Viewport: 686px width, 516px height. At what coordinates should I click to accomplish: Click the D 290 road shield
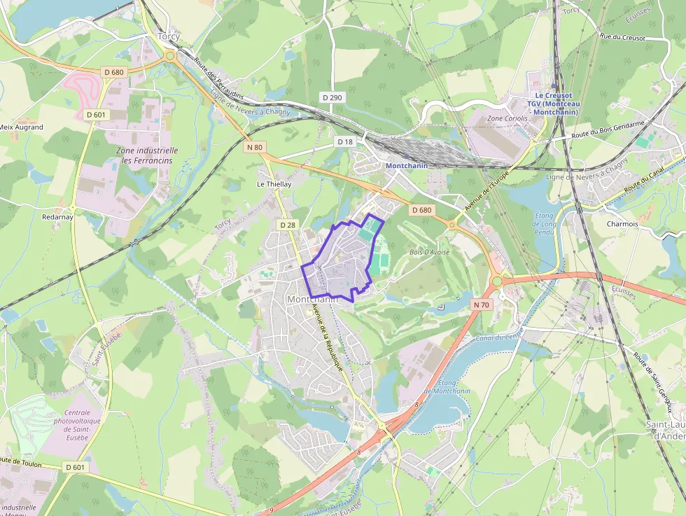click(332, 97)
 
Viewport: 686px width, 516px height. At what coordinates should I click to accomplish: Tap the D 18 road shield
click(345, 142)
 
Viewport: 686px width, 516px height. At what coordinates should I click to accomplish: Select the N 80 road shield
click(255, 148)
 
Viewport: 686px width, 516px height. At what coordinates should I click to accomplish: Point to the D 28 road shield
click(287, 225)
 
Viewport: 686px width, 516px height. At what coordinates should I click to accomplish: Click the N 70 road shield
click(481, 305)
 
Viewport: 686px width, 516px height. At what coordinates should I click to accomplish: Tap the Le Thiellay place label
click(274, 184)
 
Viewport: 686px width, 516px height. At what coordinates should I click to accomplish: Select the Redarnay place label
click(57, 217)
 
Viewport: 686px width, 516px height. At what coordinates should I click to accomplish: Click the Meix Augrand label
click(21, 127)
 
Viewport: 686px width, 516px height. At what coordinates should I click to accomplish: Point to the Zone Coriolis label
click(506, 119)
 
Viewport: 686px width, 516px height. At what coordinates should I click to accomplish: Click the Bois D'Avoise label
click(429, 251)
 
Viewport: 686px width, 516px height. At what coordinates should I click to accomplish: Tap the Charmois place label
click(622, 224)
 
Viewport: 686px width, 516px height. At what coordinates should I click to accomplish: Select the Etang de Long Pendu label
click(544, 224)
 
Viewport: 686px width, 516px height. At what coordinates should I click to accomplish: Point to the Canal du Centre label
click(499, 338)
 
